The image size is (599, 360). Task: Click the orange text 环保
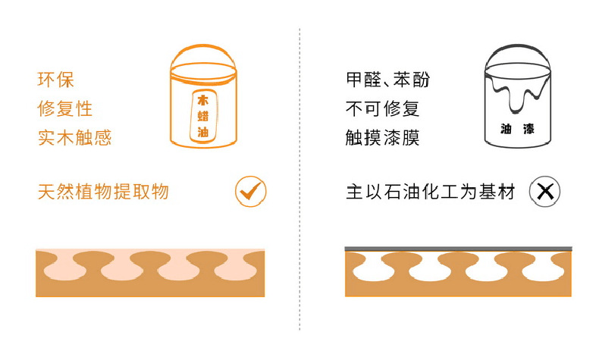(55, 80)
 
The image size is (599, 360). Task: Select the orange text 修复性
(65, 109)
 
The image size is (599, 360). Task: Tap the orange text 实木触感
(74, 137)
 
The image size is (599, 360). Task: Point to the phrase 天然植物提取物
(103, 191)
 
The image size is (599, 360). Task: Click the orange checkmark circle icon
(251, 191)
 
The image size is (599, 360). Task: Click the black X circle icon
(544, 191)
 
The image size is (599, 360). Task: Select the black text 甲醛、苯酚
(387, 80)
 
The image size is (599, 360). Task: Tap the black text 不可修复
(382, 109)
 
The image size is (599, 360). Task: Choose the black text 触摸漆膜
(382, 137)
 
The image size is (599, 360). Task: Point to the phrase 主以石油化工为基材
(431, 191)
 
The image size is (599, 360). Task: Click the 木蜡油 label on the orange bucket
(203, 116)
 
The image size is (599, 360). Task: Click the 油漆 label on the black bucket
(518, 129)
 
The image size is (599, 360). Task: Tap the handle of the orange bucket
(203, 46)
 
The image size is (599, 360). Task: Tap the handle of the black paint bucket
(518, 46)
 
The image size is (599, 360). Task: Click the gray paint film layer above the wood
(458, 249)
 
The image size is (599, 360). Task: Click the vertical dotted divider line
(299, 180)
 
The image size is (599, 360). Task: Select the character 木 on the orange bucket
(203, 100)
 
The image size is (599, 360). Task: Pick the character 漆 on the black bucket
(528, 129)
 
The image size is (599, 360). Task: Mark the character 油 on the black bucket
(506, 129)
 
